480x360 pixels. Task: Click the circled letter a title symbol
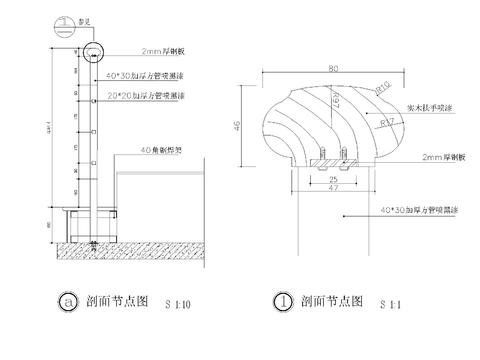click(67, 300)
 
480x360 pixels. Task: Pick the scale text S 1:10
click(176, 302)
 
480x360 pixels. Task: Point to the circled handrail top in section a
click(93, 50)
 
